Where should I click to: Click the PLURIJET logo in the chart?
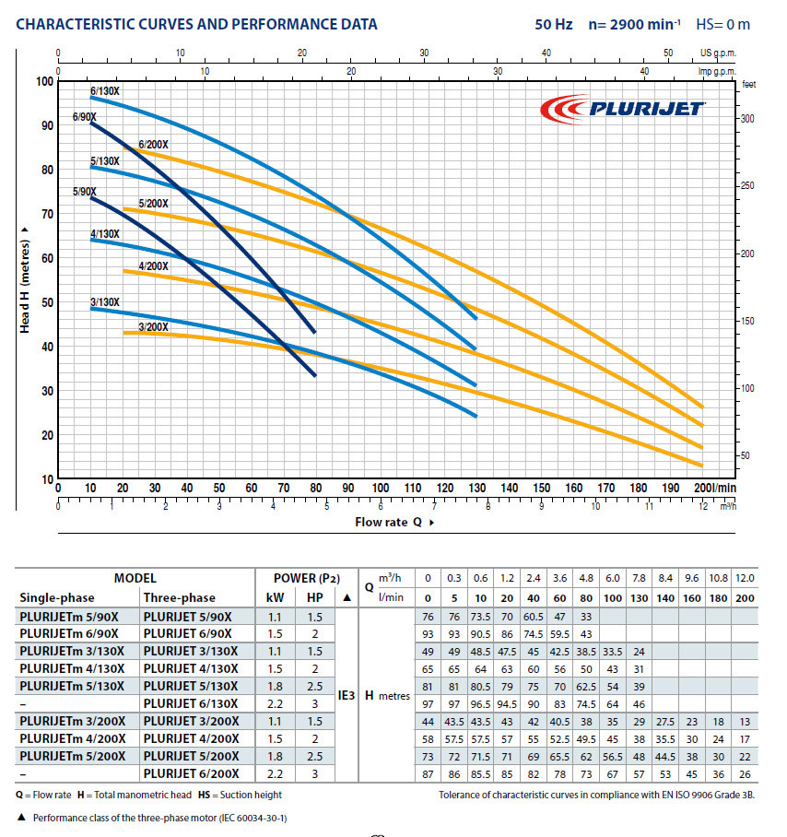coord(622,110)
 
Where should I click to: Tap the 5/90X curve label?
coord(85,192)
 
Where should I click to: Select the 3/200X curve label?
coord(153,326)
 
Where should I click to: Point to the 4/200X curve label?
coord(153,266)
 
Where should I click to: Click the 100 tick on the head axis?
coord(43,81)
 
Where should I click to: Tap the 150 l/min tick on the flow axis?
coord(542,489)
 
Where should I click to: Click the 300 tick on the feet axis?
coord(747,119)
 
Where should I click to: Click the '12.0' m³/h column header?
coord(744,578)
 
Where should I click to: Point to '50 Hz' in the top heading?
coord(554,24)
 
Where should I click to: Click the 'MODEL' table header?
coord(135,578)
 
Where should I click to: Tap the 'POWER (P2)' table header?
coord(307,578)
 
